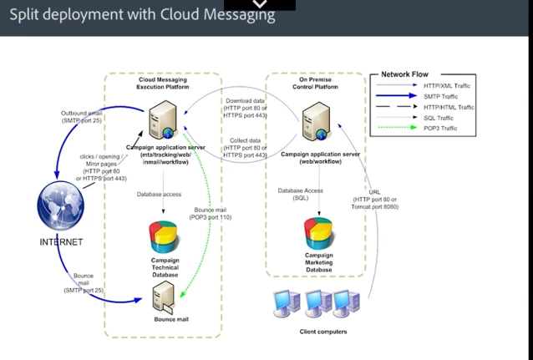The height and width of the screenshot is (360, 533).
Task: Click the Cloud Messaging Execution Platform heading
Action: [163, 82]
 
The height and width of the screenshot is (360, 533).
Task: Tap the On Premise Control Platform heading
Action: [314, 82]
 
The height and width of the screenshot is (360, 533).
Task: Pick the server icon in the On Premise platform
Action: [314, 121]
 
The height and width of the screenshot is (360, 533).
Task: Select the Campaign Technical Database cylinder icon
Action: [164, 238]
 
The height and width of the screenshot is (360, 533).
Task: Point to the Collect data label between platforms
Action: [246, 147]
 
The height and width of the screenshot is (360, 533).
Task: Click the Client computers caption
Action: [322, 332]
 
